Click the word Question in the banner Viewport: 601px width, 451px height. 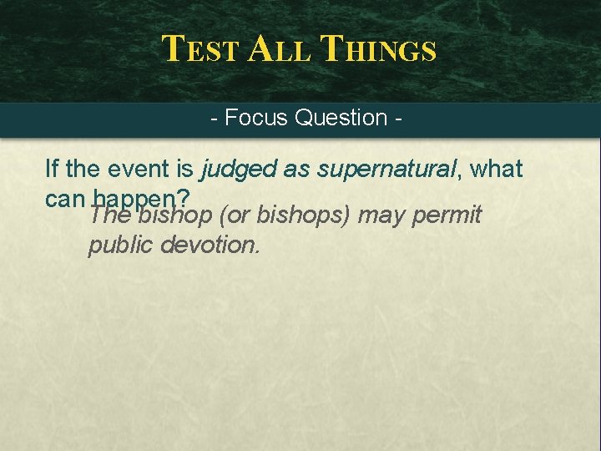tap(341, 118)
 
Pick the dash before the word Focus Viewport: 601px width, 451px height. tap(215, 118)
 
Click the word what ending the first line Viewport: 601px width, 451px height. tap(496, 170)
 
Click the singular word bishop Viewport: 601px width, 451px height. tap(176, 216)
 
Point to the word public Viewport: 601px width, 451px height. tap(120, 246)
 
